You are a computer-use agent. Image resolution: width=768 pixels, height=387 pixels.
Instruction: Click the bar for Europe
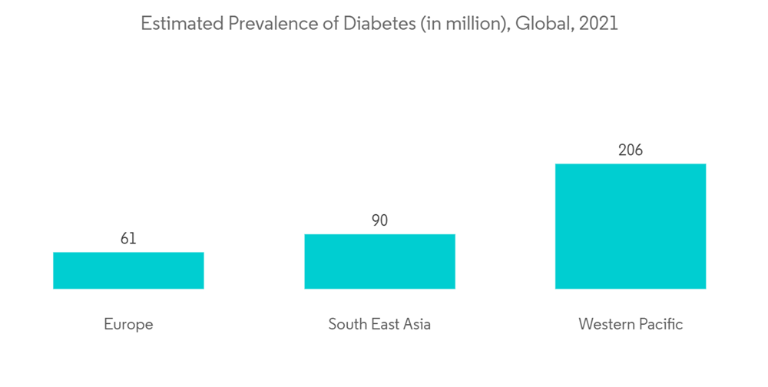click(128, 270)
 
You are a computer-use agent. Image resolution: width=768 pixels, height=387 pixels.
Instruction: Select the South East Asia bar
click(379, 261)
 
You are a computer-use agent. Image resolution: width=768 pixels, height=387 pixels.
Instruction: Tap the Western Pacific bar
click(631, 226)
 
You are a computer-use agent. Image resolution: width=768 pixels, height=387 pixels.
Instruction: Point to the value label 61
click(128, 239)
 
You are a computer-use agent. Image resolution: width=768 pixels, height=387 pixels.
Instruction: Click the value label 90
click(379, 220)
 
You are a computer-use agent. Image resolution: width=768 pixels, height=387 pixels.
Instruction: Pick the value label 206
click(631, 150)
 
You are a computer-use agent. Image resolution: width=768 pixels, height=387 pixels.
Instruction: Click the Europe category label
click(128, 324)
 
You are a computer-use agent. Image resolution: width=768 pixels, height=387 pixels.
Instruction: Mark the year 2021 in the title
click(599, 24)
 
